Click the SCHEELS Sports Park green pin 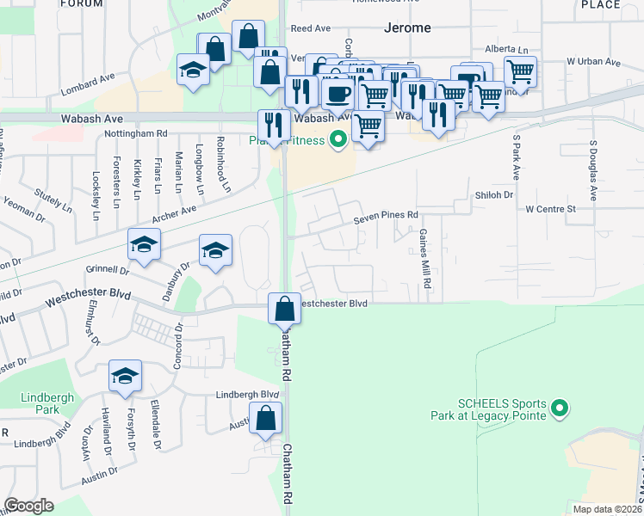pos(560,408)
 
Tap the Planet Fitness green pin pos(338,138)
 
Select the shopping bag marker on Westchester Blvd pos(284,308)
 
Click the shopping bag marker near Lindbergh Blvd pos(268,419)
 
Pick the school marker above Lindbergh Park pos(125,377)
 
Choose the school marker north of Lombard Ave pos(193,71)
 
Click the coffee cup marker pos(337,92)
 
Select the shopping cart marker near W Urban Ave pos(520,71)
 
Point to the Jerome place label pos(406,28)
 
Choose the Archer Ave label pos(176,211)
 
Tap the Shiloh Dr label pos(493,195)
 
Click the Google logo pos(28,506)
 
